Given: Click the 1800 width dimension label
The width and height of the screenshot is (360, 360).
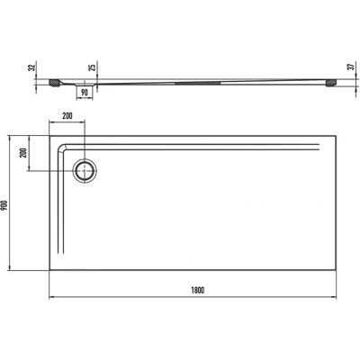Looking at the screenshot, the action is (197, 290).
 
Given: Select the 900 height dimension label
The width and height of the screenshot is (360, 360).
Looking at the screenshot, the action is (4, 205).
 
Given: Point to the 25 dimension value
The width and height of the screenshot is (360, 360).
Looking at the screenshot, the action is (94, 67).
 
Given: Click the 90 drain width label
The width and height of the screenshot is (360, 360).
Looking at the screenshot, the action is (85, 93).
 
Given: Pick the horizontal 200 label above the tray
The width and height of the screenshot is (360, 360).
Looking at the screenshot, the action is (67, 116).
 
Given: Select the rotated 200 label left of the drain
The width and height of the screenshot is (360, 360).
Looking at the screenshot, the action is (25, 153).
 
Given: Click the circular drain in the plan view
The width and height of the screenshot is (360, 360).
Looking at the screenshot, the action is (85, 171).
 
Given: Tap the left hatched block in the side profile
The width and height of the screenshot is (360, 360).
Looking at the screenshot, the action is (54, 83).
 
